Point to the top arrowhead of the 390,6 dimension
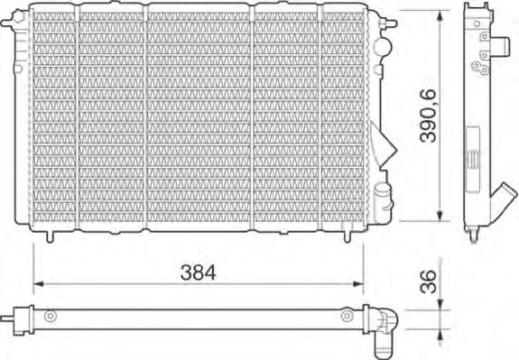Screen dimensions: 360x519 (x=440, y=14)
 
